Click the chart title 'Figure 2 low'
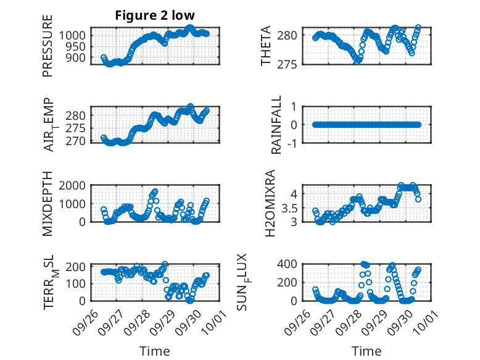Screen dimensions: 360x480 155,15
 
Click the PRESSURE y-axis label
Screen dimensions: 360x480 48,46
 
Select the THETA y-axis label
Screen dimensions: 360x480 266,46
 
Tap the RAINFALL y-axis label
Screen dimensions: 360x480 277,125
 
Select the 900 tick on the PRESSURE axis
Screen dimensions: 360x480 77,58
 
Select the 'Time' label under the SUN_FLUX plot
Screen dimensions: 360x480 366,351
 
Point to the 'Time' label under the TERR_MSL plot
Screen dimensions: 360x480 155,351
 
